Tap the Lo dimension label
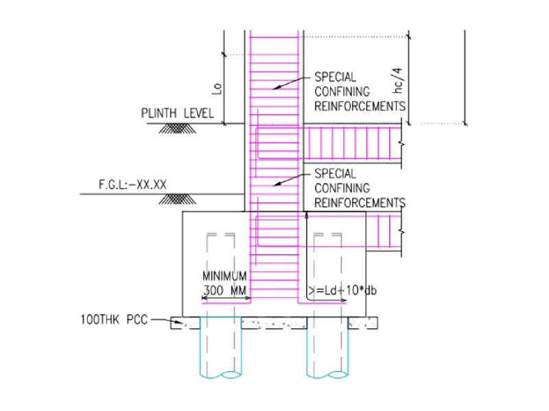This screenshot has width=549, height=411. tap(218, 88)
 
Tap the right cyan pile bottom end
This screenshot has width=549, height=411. tap(328, 374)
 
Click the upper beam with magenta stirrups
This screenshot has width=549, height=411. tap(350, 145)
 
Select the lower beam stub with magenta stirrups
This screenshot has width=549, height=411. tap(384, 233)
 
